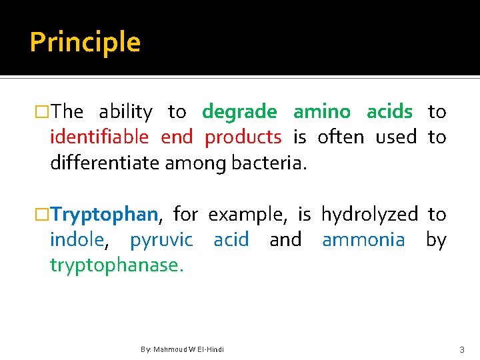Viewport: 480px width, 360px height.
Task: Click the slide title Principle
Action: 85,43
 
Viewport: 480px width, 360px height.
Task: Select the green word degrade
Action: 239,112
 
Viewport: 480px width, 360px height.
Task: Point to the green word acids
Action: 389,112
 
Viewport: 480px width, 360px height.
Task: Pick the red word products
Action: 243,137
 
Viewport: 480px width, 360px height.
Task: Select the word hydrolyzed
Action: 369,215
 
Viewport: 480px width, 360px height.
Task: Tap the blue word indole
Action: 77,240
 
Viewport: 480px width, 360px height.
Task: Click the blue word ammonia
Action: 363,240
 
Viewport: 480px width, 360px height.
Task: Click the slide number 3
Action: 461,349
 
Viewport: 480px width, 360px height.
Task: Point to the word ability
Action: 125,113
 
